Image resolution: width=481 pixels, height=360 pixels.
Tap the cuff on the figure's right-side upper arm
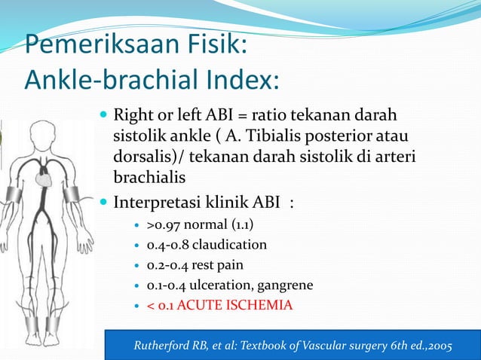[72, 194]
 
